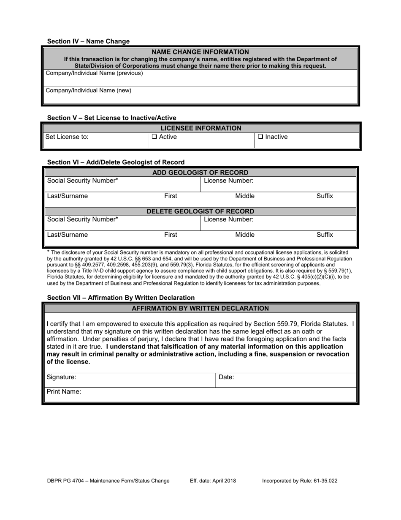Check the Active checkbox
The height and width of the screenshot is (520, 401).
154,137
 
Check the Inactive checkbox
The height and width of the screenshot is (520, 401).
260,137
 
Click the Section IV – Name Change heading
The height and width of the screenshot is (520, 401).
88,41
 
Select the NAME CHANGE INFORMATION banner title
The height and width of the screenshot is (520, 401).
200,52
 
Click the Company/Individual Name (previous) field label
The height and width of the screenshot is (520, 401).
94,73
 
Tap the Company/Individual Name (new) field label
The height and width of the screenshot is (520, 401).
88,90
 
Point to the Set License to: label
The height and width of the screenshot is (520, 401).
67,137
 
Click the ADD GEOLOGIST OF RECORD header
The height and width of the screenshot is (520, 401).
200,172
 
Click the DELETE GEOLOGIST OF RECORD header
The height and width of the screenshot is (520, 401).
200,211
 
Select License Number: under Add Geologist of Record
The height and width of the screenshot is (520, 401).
228,181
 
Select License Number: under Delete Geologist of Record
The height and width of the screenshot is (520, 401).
228,219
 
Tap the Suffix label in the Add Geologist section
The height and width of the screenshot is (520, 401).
325,196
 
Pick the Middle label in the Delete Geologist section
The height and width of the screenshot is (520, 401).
245,235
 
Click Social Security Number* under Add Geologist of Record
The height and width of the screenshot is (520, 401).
82,181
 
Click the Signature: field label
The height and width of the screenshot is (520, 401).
61,377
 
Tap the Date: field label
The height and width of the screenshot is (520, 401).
226,377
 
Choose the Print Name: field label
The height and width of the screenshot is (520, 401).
64,391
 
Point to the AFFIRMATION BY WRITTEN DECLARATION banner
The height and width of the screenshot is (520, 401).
200,309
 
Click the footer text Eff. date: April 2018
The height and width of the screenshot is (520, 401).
213,481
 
